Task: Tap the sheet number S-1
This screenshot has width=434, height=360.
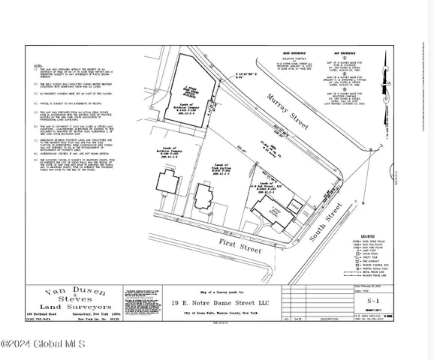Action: click(389, 297)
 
